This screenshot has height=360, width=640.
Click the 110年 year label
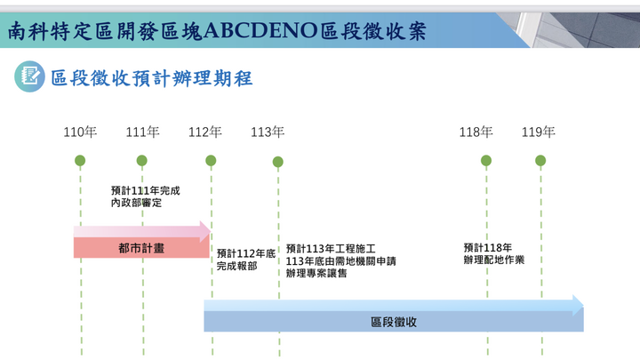(80, 132)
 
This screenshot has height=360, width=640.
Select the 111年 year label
(142, 132)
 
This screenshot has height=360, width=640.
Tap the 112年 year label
(205, 132)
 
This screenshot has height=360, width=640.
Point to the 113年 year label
(268, 132)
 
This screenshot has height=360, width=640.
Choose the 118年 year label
(476, 132)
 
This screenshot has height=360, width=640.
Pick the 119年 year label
(539, 132)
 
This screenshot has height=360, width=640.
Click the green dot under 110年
(80, 161)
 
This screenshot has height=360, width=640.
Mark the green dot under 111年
(141, 161)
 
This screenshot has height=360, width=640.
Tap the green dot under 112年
(211, 161)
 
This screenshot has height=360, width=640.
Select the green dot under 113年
(278, 162)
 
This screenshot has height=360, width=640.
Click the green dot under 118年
(486, 161)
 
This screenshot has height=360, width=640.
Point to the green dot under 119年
(540, 161)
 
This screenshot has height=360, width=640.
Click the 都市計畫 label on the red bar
(141, 248)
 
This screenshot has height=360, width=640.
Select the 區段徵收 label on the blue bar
(394, 322)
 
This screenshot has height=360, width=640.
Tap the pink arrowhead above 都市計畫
(205, 231)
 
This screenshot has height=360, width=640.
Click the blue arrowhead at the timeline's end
(578, 305)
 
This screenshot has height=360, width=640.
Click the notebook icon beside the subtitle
(29, 76)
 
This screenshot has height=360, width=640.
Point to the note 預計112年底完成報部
(246, 260)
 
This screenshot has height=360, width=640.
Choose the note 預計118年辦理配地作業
(494, 253)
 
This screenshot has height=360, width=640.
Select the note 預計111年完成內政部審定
(145, 196)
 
